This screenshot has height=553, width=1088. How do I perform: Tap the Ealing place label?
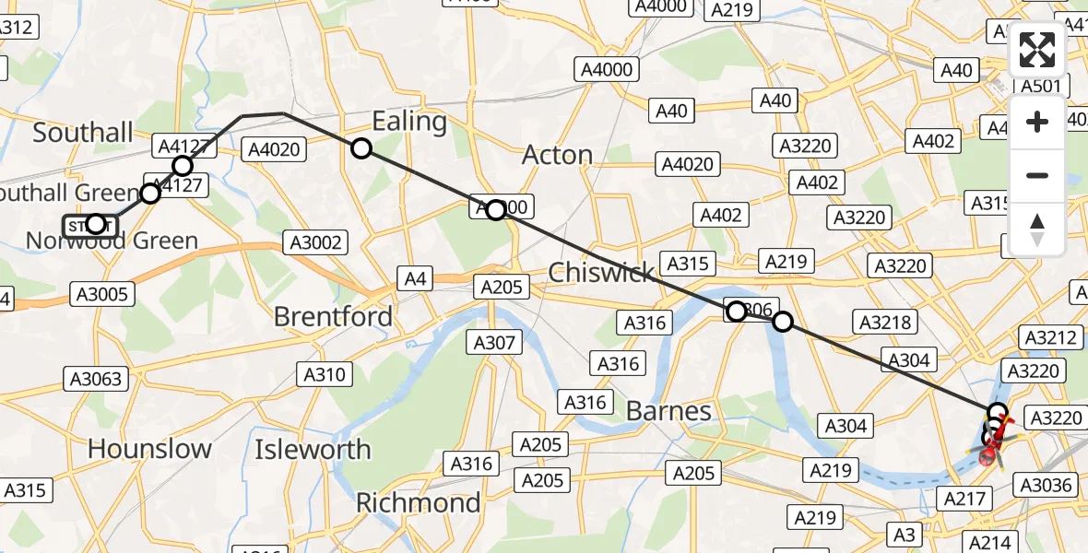[409, 122]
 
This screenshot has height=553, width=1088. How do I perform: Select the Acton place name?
[557, 155]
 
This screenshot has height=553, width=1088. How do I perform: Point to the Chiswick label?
[601, 273]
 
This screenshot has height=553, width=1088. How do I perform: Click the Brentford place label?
[333, 316]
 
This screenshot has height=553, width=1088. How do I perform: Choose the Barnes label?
[668, 410]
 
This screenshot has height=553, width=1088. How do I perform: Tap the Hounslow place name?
[149, 449]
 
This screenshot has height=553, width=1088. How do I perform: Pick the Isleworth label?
[313, 450]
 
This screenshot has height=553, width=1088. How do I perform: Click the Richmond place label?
[418, 502]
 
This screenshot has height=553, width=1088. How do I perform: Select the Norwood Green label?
[112, 241]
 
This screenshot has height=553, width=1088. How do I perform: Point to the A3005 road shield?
[102, 295]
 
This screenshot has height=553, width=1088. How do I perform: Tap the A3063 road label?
[96, 378]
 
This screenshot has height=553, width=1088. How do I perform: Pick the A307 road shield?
[495, 343]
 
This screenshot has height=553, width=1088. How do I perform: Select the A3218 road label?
[885, 323]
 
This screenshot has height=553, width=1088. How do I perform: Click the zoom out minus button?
[1037, 175]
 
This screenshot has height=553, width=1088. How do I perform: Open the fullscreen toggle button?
[1037, 51]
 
